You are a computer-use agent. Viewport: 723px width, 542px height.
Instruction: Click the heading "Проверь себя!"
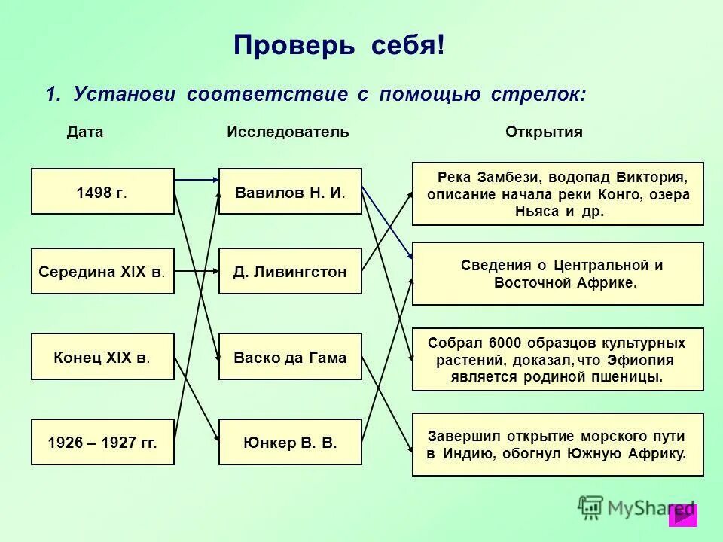[339, 45]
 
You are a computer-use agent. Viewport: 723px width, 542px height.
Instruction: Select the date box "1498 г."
[102, 191]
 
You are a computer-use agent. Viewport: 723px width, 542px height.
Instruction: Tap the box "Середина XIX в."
[102, 271]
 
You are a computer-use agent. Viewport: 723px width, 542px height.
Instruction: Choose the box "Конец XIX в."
[102, 356]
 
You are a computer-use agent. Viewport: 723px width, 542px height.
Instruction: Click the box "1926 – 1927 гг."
[102, 442]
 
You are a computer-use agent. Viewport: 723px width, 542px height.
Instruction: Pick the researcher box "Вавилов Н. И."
[290, 191]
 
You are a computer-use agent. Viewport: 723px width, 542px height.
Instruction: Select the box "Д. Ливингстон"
[290, 271]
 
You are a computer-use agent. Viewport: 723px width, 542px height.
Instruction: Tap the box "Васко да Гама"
[290, 356]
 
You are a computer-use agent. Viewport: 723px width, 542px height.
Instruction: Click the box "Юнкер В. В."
[290, 442]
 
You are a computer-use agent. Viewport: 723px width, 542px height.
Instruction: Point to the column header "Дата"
[85, 132]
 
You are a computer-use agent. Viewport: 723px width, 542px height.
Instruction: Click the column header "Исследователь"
[288, 132]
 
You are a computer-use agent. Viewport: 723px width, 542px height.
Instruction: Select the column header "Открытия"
[544, 132]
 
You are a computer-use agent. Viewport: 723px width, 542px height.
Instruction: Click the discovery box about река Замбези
[558, 194]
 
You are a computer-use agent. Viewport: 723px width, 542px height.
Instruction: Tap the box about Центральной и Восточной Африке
[558, 274]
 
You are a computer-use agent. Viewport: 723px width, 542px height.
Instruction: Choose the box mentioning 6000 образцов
[558, 359]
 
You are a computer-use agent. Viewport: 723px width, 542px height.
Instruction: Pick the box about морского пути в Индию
[558, 444]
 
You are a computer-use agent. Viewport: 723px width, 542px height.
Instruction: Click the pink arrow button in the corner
[683, 515]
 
